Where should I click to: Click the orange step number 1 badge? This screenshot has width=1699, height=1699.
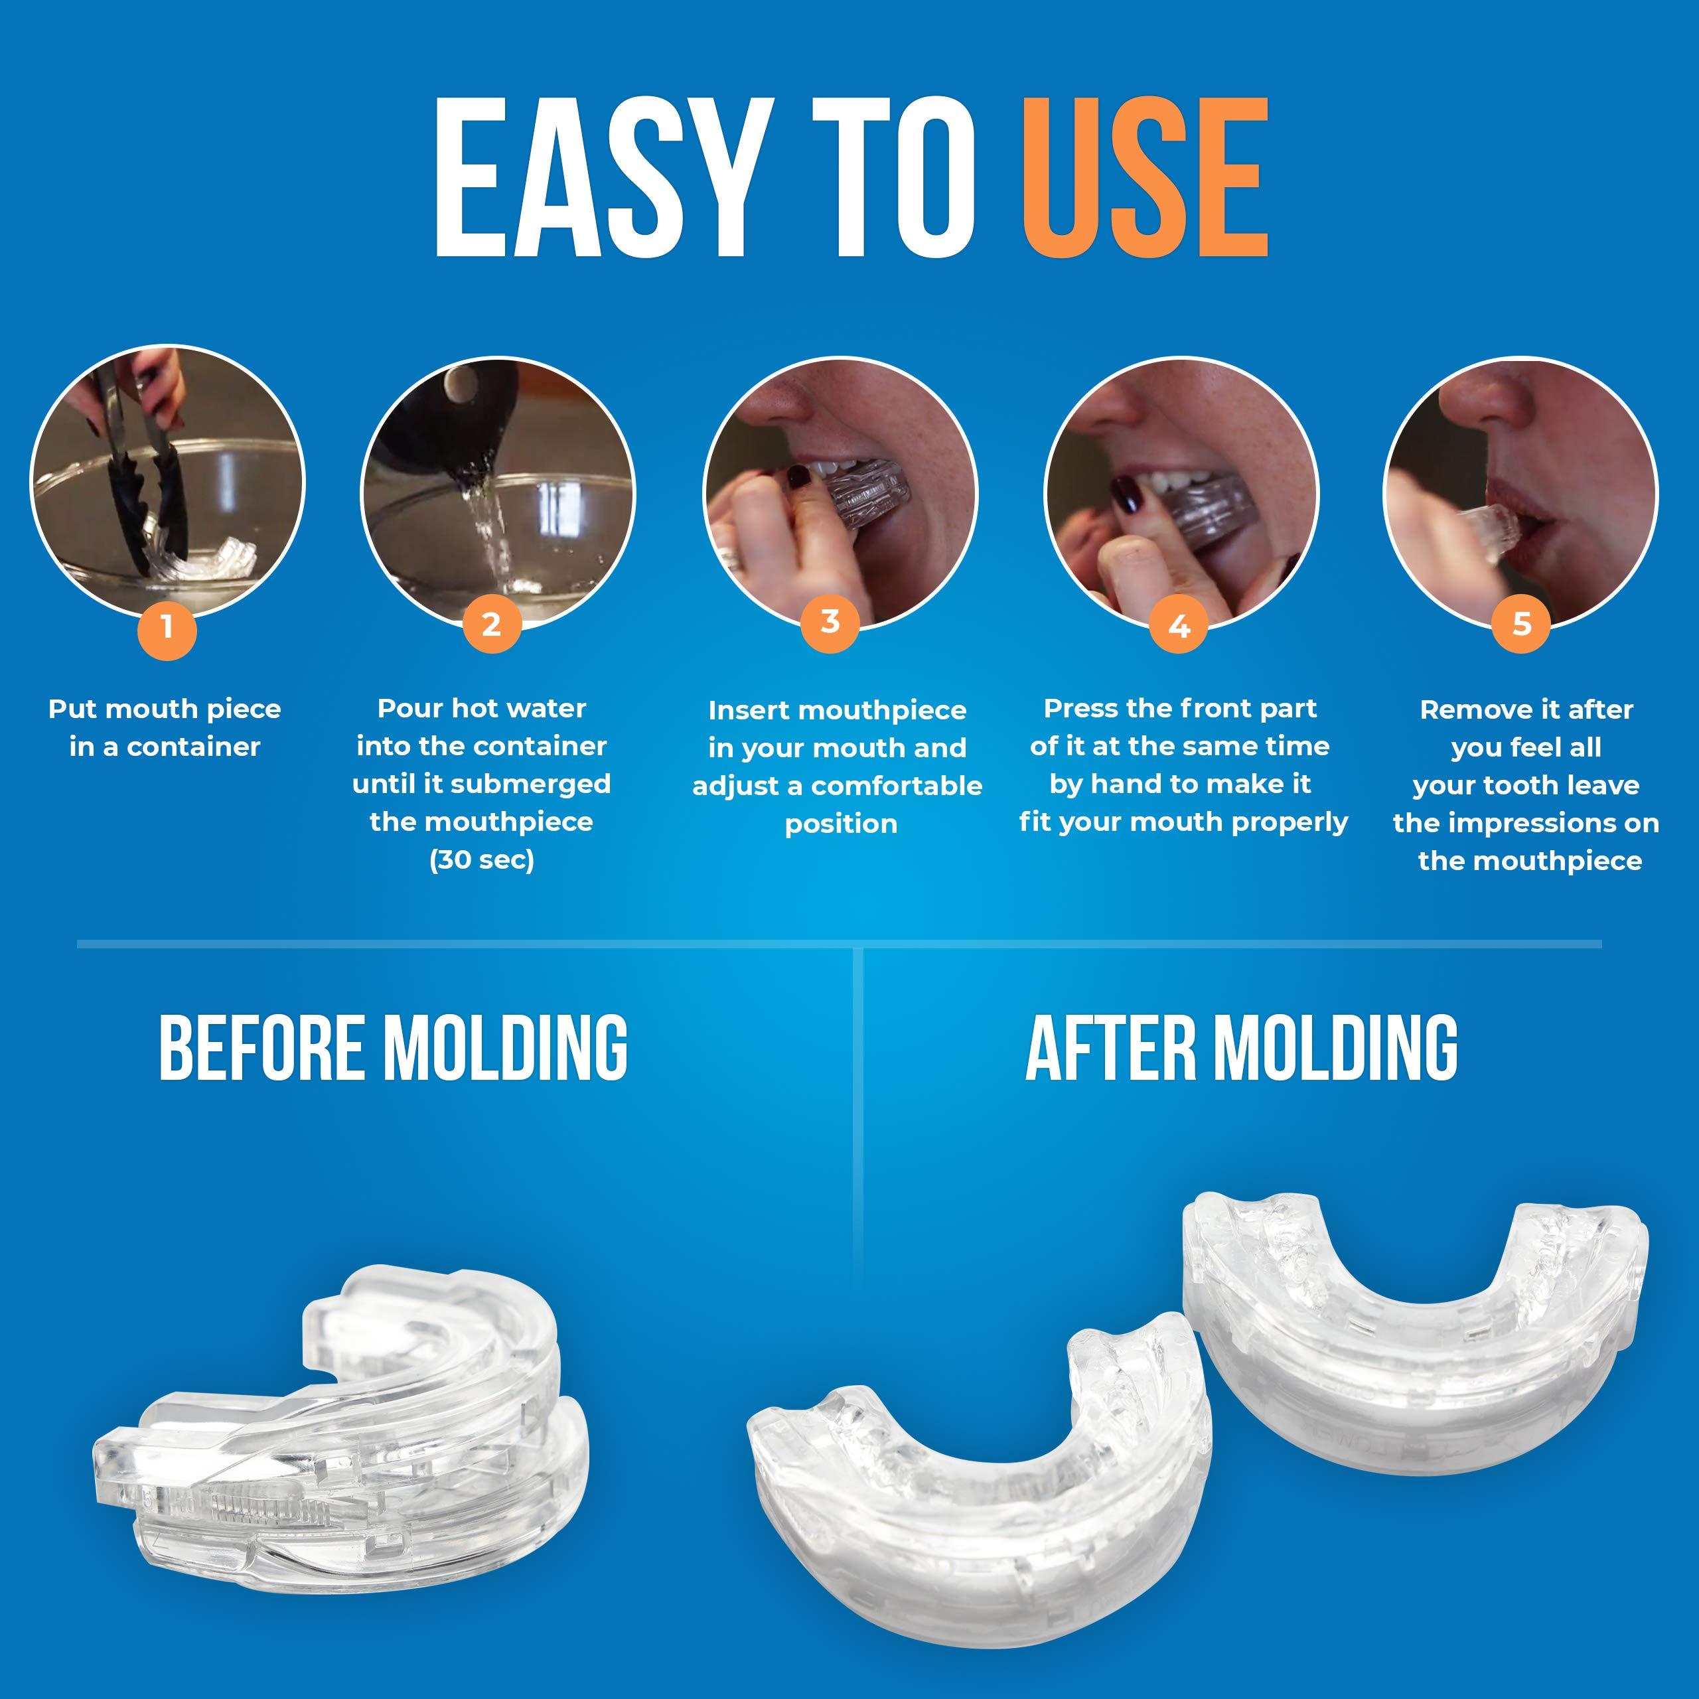(167, 628)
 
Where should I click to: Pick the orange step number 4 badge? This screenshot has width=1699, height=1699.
(1179, 625)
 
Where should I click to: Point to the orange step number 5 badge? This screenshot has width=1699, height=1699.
(1521, 625)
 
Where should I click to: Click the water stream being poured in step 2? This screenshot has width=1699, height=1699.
(484, 528)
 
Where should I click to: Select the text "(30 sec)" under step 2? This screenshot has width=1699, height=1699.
(481, 859)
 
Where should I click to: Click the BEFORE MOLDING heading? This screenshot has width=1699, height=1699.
(393, 1047)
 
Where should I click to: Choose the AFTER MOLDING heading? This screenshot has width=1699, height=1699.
(1241, 1047)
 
